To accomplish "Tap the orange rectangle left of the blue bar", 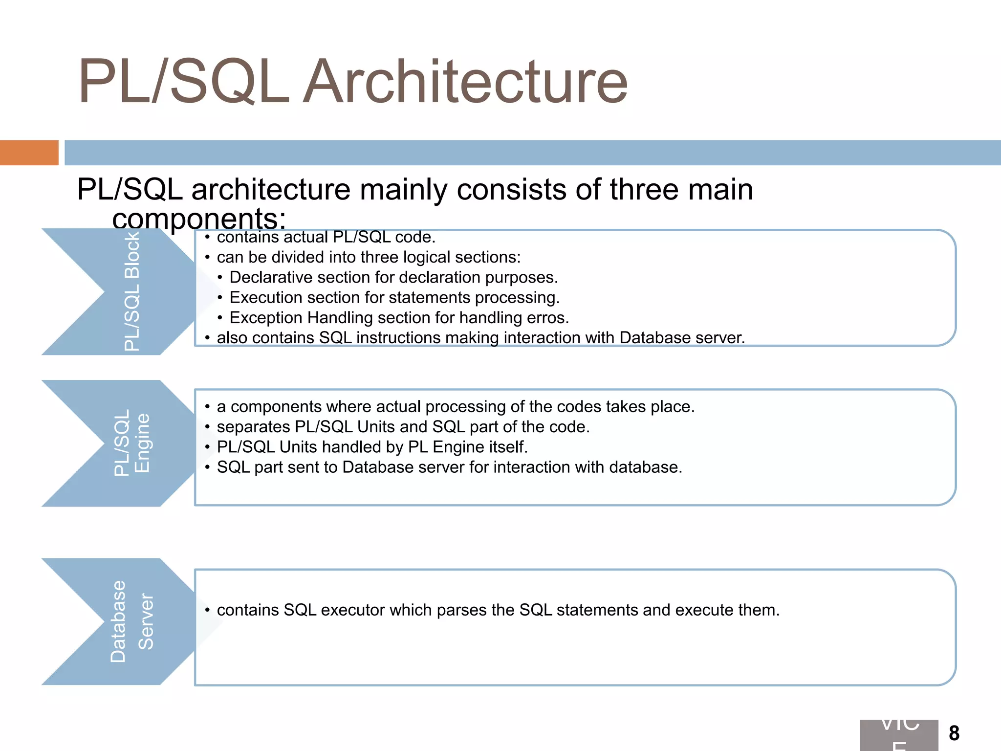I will point(29,153).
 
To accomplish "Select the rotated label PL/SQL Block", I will point(132,292).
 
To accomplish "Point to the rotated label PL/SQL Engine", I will point(132,442).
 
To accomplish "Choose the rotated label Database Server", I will point(132,621).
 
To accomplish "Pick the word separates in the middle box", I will point(254,427).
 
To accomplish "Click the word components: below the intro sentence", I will point(198,219).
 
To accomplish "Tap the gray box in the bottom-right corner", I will point(899,735).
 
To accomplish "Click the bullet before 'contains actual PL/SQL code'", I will point(207,238).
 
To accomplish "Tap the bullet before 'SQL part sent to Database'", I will point(207,467).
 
